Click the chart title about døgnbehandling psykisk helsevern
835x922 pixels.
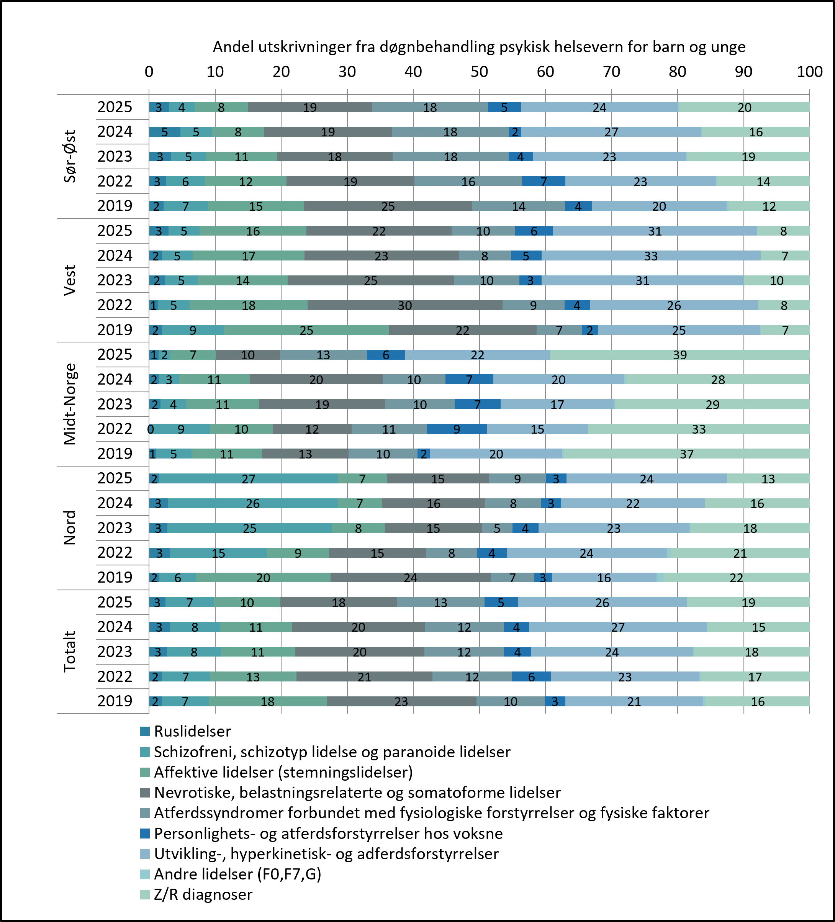(479, 47)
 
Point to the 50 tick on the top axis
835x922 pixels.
(479, 72)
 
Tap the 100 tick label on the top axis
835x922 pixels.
(809, 72)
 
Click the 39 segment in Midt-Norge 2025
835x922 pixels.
(680, 355)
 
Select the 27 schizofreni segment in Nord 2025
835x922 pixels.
(248, 479)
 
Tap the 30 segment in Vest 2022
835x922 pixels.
(405, 306)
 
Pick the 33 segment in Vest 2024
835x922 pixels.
(651, 255)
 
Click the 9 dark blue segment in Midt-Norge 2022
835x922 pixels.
(457, 429)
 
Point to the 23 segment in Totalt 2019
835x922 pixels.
(401, 702)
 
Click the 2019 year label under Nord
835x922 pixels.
(115, 577)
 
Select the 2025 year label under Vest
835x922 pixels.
(115, 231)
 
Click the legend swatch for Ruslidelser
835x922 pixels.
(145, 731)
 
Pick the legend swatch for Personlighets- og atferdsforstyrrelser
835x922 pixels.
(145, 833)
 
